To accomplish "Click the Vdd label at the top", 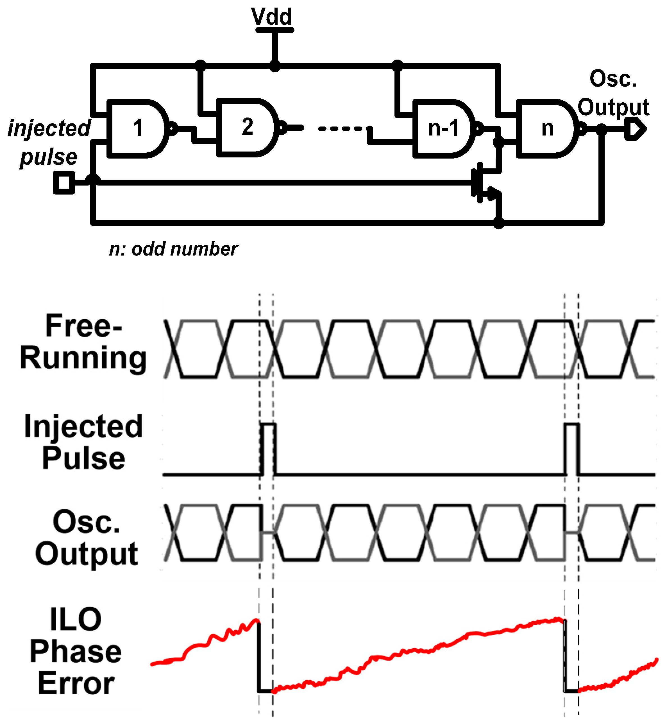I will tap(271, 17).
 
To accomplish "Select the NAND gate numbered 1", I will tap(137, 128).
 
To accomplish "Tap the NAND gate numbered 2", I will tap(247, 127).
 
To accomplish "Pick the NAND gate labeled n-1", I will tap(443, 128).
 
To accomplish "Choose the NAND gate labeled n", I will tap(546, 128).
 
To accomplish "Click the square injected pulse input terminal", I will tap(64, 182).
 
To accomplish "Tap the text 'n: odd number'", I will tap(173, 249).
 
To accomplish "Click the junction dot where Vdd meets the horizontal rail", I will tap(275, 66).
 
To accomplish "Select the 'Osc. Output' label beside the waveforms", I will tap(87, 538).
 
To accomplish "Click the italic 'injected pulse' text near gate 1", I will tap(49, 143).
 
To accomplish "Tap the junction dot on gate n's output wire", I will tap(601, 129).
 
